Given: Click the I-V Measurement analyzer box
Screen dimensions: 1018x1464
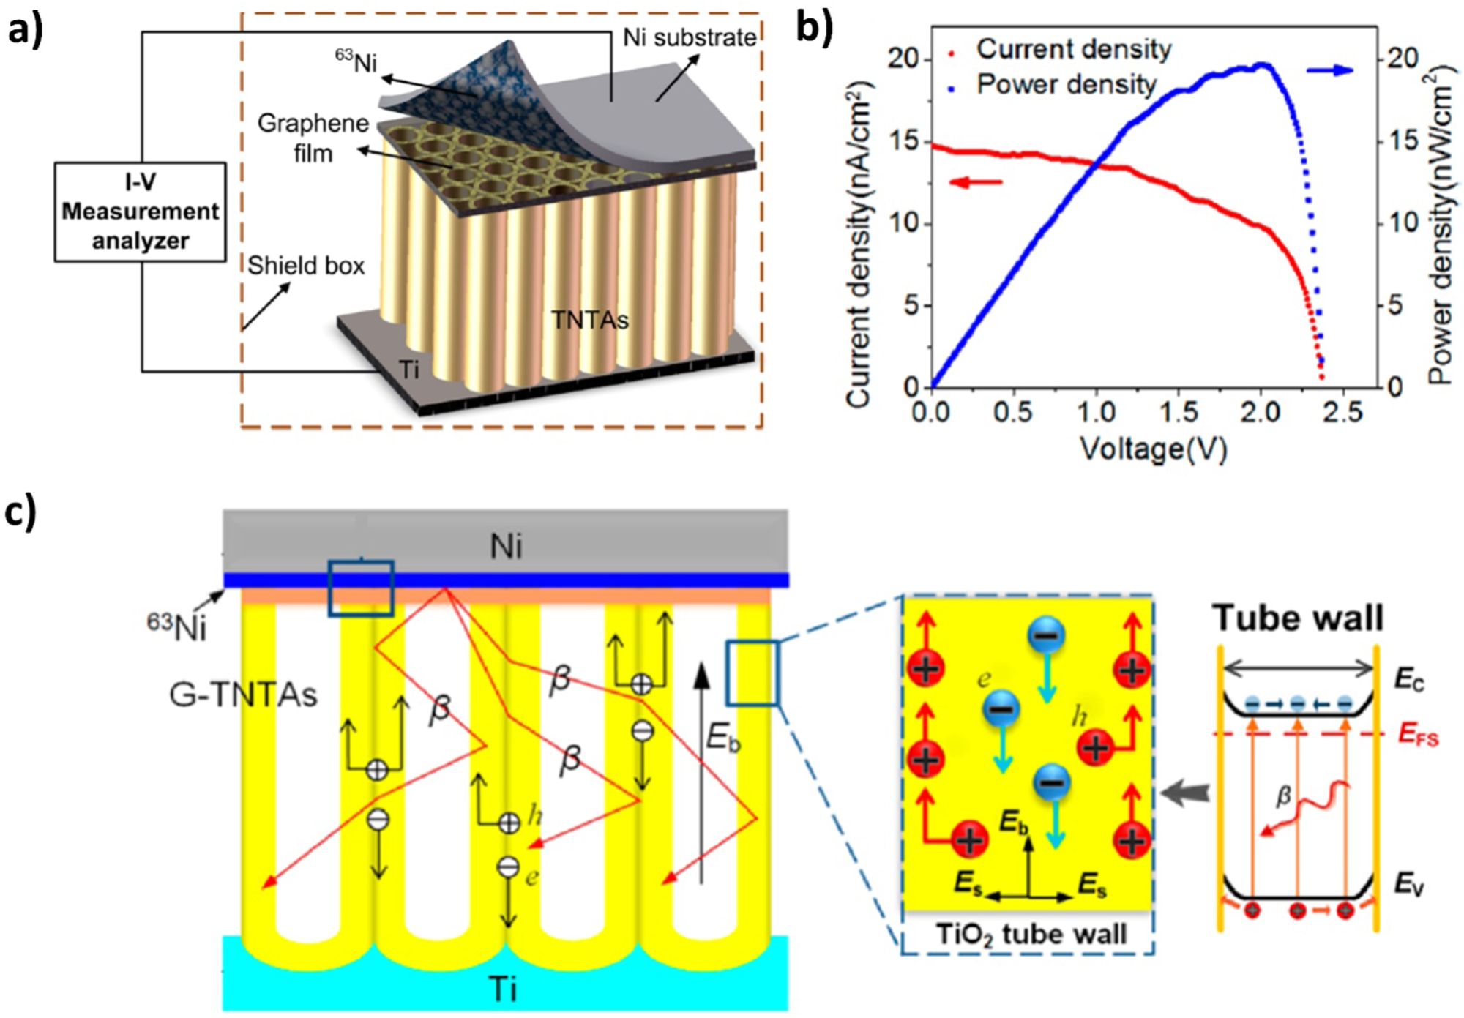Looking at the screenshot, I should (140, 212).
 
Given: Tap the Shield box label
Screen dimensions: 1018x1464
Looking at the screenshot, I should (305, 265).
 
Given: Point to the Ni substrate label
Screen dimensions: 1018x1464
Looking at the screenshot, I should (689, 37).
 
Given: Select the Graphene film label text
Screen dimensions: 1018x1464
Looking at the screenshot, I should (313, 138).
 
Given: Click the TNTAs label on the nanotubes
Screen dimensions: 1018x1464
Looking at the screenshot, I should (589, 320).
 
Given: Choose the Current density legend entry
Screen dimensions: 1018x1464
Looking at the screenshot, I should (1073, 50).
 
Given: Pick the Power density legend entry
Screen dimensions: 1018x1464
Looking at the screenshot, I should (1066, 85).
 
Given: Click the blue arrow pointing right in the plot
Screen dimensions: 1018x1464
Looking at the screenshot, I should (1330, 70).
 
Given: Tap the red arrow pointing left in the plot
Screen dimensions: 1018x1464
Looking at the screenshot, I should (975, 181).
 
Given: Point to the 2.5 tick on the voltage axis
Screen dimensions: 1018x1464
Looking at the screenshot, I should (1342, 412).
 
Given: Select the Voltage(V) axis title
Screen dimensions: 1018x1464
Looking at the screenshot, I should (1154, 448).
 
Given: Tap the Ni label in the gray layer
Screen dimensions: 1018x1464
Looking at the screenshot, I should (506, 547).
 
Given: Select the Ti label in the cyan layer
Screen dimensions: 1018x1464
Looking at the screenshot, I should (504, 989).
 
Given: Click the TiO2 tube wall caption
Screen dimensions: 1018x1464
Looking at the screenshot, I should (1031, 935).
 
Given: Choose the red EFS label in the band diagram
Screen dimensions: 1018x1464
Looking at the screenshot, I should (1418, 734).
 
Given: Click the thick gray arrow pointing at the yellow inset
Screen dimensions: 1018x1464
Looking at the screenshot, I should (1185, 793).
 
